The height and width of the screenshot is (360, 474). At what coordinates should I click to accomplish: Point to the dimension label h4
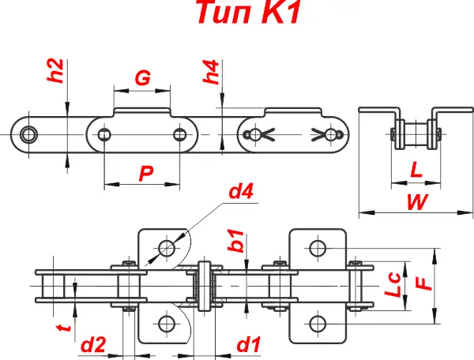pos(212,72)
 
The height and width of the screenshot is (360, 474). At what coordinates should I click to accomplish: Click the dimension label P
pos(145,174)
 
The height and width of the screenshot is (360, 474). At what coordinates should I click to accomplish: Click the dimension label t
pos(66,324)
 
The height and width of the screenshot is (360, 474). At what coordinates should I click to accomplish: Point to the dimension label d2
pos(94,345)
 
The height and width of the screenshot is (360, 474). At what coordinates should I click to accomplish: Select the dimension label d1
pos(250,345)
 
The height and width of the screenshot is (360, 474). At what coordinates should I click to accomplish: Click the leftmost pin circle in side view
pos(29,134)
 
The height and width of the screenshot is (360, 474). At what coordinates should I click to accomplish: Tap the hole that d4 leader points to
pos(166,249)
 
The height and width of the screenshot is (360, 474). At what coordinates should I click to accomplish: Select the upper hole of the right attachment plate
pos(317,249)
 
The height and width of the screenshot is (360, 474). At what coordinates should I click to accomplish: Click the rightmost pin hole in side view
pos(339,135)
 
